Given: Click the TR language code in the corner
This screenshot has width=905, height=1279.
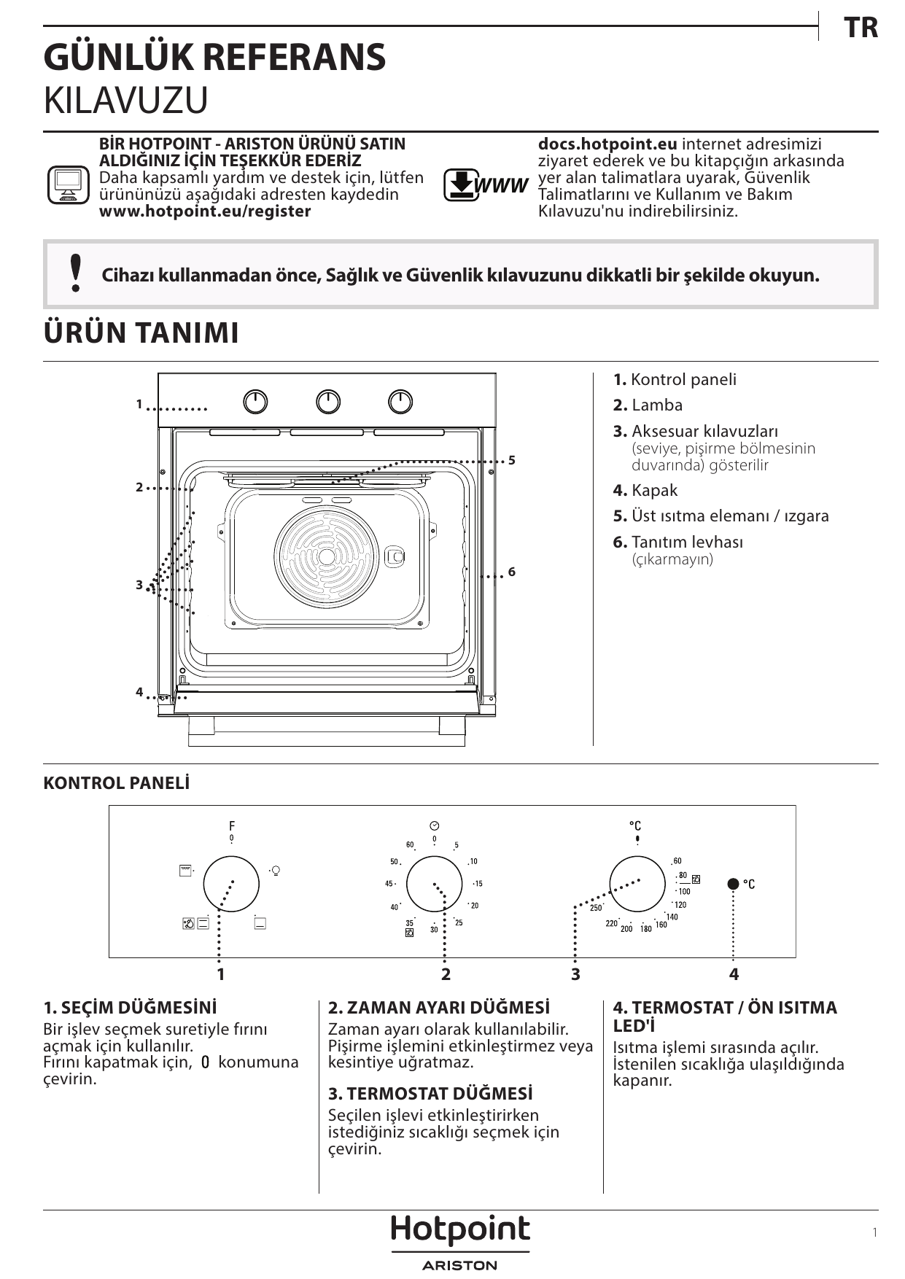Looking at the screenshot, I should click(x=861, y=28).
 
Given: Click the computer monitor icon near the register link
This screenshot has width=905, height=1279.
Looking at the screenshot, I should click(x=68, y=185).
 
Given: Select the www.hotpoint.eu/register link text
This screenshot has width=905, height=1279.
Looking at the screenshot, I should click(x=205, y=211).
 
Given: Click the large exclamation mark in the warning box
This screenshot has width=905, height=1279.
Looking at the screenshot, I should click(x=75, y=273).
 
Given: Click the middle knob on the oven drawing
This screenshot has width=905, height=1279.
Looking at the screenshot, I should click(x=328, y=402).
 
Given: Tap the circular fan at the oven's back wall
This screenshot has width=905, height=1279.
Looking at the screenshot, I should click(x=327, y=556).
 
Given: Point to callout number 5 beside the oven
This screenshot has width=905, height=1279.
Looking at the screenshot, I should click(x=512, y=460).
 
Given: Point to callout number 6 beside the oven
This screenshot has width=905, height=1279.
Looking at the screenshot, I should click(x=512, y=572).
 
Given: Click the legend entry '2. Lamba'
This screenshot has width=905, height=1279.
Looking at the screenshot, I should click(x=648, y=405).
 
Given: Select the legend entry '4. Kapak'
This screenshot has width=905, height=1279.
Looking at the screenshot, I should click(x=645, y=491).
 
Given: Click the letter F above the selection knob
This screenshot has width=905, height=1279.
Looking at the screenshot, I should click(x=232, y=826).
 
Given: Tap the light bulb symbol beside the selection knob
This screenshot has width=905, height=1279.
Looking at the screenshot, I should click(x=276, y=870).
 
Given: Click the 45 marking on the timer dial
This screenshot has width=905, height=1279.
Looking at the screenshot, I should click(x=389, y=884).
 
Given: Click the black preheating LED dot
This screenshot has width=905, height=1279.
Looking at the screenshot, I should click(x=734, y=884).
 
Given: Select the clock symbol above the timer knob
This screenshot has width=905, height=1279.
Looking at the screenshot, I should click(x=434, y=825).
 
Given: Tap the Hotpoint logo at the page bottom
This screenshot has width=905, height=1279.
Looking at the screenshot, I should click(x=460, y=1231).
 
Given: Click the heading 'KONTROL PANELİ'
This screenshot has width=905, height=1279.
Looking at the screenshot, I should click(x=116, y=783).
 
